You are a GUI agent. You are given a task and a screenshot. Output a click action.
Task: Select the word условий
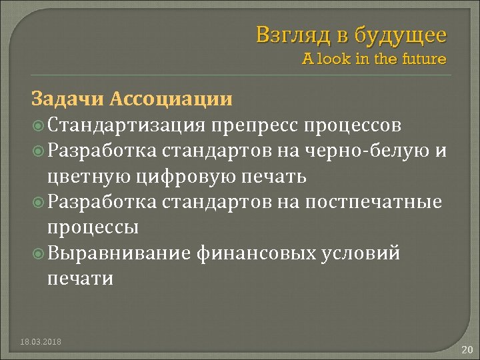point(369,253)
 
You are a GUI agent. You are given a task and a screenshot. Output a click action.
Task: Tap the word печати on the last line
point(80,279)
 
